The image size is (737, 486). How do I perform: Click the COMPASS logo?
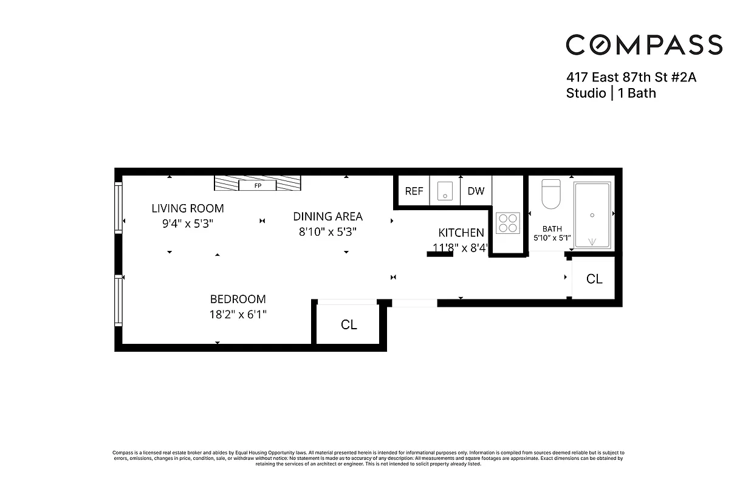click(x=644, y=45)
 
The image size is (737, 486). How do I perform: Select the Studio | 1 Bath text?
click(x=611, y=94)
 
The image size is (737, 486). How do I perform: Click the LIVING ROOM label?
click(x=188, y=208)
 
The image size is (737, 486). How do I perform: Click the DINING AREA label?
click(x=328, y=216)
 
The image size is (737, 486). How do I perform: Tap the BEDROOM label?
click(x=238, y=299)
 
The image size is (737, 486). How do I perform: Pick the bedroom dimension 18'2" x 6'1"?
click(x=238, y=315)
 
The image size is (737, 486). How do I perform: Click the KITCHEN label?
click(x=461, y=233)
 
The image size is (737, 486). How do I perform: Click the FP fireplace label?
click(x=258, y=185)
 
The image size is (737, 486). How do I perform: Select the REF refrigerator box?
click(x=414, y=191)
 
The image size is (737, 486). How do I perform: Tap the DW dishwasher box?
click(x=476, y=191)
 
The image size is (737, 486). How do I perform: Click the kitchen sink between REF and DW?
click(x=445, y=192)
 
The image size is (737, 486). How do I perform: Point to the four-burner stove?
click(x=508, y=222)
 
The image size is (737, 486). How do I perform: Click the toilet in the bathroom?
click(x=552, y=194)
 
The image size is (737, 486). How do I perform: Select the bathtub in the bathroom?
click(x=592, y=215)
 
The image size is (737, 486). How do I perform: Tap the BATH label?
click(x=552, y=228)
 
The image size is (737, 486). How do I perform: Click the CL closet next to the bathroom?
click(x=594, y=279)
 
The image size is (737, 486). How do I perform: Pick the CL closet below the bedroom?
click(x=349, y=325)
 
